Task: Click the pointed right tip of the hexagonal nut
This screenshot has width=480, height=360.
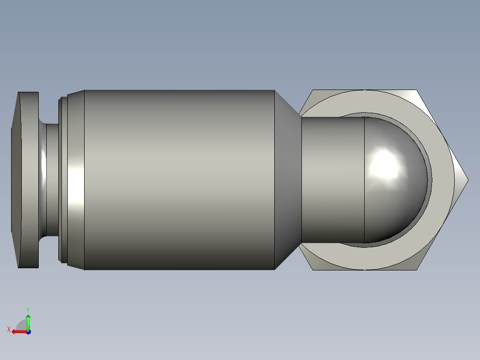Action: pyautogui.click(x=467, y=180)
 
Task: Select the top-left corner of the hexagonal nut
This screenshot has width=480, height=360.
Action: pyautogui.click(x=313, y=91)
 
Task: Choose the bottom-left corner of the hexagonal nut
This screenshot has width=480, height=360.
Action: pyautogui.click(x=314, y=269)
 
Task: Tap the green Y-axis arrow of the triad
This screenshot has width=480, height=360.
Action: pyautogui.click(x=28, y=320)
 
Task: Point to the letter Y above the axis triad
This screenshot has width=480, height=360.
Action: pyautogui.click(x=28, y=309)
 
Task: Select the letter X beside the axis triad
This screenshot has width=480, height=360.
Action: pyautogui.click(x=8, y=329)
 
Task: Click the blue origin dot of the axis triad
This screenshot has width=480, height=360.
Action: pyautogui.click(x=28, y=331)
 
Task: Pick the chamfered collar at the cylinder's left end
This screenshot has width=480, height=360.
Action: pyautogui.click(x=76, y=180)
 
